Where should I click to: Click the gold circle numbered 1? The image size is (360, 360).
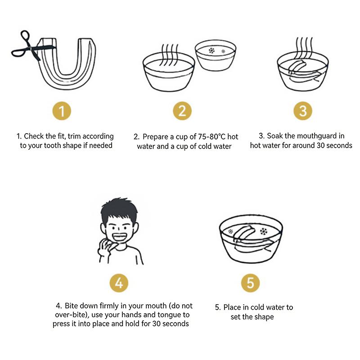62,111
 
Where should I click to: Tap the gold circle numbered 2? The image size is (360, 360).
182,111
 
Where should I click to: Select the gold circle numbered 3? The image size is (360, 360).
303,111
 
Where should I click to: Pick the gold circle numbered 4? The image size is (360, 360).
119,283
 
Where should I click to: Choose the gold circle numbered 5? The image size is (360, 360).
251,283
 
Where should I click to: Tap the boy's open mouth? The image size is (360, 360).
119,237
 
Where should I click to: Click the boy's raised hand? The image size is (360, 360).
107,247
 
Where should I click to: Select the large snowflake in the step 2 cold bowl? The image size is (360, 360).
211,50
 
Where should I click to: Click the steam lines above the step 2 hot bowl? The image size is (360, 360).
170,54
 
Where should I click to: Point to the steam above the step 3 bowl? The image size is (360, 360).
304,48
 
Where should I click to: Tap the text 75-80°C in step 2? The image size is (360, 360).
211,137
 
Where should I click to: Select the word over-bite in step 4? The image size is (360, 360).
70,315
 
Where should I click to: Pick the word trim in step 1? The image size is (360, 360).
74,136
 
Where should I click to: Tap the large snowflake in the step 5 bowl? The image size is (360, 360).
264,231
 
